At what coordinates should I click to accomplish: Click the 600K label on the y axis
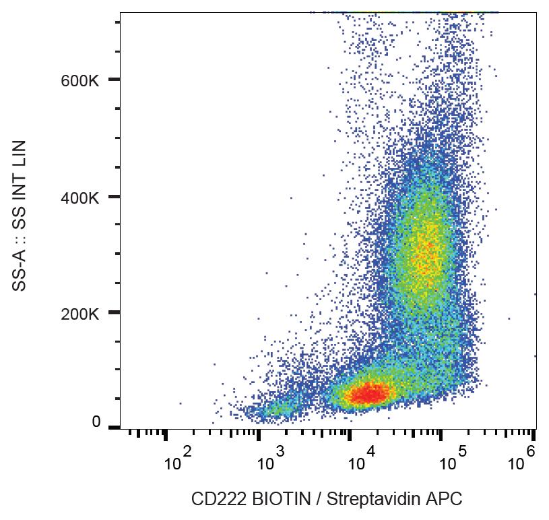(80, 80)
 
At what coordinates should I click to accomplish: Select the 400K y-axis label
(80, 198)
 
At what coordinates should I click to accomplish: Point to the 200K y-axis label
(80, 314)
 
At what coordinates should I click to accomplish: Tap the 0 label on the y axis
(96, 422)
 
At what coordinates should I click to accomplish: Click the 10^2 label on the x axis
(178, 461)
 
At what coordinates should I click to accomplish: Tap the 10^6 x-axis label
(520, 461)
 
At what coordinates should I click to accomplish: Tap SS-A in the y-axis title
(21, 269)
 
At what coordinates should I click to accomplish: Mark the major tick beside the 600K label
(114, 80)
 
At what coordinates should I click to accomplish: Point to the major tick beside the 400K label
(114, 197)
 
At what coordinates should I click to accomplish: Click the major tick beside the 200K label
(114, 312)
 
